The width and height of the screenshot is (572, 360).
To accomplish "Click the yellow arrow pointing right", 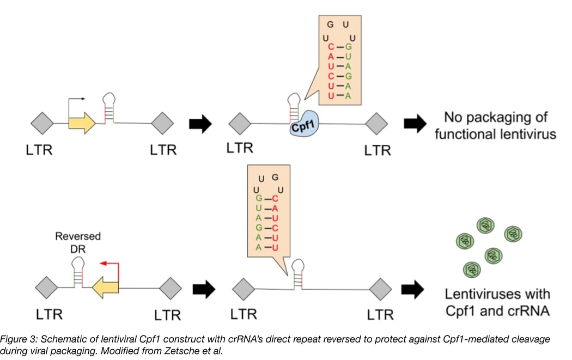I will click(82, 124).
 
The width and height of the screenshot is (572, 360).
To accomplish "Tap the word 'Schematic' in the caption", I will click(60, 339).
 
